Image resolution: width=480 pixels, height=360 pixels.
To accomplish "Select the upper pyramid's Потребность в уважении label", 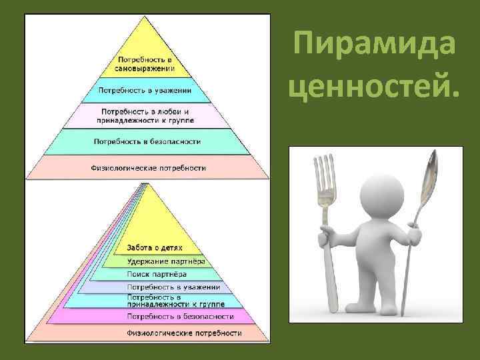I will pos(145,90).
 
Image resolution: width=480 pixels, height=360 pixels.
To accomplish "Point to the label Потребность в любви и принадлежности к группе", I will pos(145,115).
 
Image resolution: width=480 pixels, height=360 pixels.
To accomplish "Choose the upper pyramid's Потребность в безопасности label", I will pos(147,141).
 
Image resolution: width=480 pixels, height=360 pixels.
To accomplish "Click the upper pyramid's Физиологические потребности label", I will pos(149,167).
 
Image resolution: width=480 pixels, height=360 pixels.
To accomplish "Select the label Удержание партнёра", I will pos(165,261).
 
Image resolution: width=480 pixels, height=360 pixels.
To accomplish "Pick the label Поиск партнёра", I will pos(157,274).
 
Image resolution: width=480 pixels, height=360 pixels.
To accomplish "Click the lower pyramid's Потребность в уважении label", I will pos(173,287).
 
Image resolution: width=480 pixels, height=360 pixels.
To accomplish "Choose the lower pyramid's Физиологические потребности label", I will pos(185,332).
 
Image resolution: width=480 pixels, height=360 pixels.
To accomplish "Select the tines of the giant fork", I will pos(326,175).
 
